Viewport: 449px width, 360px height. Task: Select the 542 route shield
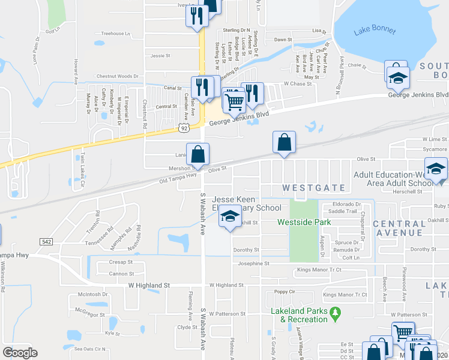[46, 241]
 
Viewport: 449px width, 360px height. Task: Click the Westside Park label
[305, 222]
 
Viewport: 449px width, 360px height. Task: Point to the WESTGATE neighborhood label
[314, 188]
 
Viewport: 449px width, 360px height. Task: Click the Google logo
[20, 353]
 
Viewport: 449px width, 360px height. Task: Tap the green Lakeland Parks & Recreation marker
[335, 311]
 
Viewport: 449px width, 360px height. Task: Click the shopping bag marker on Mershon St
[197, 155]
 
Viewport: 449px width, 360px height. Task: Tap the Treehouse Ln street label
[116, 34]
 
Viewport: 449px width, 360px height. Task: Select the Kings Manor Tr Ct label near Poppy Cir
[345, 295]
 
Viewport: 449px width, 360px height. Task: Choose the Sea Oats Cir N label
[89, 349]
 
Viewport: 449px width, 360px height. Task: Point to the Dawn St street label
[283, 40]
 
